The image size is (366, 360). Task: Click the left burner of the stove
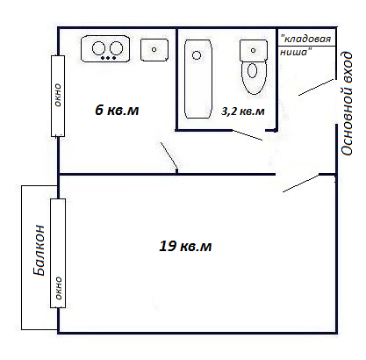(x=98, y=48)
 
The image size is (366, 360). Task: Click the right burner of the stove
(x=116, y=48)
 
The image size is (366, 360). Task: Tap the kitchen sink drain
(x=154, y=50)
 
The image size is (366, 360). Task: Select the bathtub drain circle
(x=197, y=55)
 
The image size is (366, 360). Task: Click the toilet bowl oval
(x=252, y=70)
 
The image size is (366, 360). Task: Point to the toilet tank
(x=254, y=51)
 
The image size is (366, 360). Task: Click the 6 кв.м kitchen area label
(x=117, y=111)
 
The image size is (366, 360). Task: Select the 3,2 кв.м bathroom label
(x=243, y=112)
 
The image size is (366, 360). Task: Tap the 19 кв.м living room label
(x=185, y=246)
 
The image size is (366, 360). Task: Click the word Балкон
(x=39, y=250)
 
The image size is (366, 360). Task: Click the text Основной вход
(x=347, y=104)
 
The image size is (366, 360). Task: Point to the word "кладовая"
(x=305, y=39)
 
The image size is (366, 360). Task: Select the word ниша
(x=296, y=52)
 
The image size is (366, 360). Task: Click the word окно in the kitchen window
(x=58, y=95)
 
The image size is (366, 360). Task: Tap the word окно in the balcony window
(x=59, y=288)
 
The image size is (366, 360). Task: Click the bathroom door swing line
(x=248, y=135)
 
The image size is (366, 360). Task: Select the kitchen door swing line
(x=169, y=155)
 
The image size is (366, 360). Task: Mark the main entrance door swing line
(x=316, y=87)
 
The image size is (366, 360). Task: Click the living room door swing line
(x=301, y=184)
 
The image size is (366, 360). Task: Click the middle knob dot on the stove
(x=108, y=58)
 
